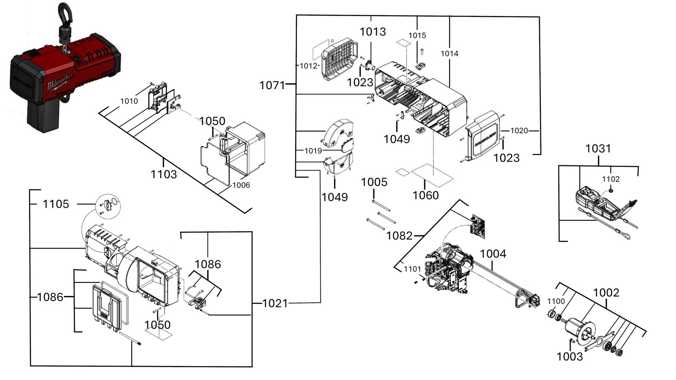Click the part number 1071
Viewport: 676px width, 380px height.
(272, 85)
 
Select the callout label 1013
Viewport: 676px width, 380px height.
(373, 32)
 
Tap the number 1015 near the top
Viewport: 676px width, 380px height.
(417, 36)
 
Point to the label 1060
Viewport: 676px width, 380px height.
(425, 196)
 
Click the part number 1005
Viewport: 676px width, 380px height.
(374, 182)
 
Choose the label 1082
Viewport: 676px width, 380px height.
(399, 236)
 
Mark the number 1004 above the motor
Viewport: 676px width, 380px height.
(493, 254)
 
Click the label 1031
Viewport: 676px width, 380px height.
(598, 148)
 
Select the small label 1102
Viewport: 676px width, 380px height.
(611, 179)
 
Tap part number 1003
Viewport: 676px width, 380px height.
(570, 357)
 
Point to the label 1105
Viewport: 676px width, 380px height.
(56, 204)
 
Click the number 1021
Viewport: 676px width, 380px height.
(275, 303)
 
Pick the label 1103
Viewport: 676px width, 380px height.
(164, 175)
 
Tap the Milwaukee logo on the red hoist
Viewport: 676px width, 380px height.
(60, 82)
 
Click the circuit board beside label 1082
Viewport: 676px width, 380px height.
(478, 227)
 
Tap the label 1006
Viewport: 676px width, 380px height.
(241, 185)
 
